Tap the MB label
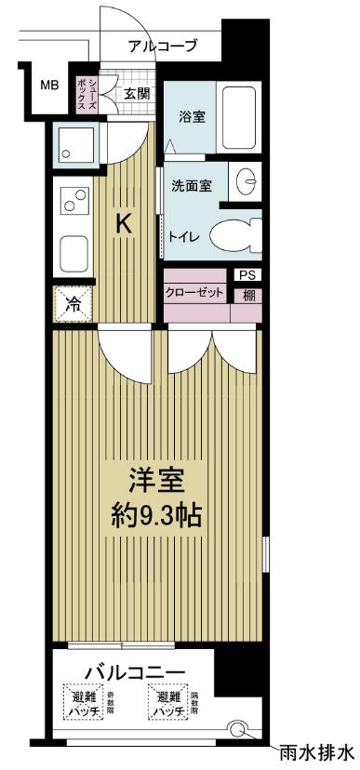click(x=48, y=86)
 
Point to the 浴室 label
click(x=193, y=116)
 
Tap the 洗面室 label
click(x=192, y=184)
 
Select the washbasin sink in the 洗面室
click(x=247, y=182)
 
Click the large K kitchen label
click(x=123, y=223)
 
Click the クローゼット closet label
click(x=195, y=293)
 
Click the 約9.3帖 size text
click(x=156, y=512)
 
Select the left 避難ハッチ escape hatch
click(x=81, y=703)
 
